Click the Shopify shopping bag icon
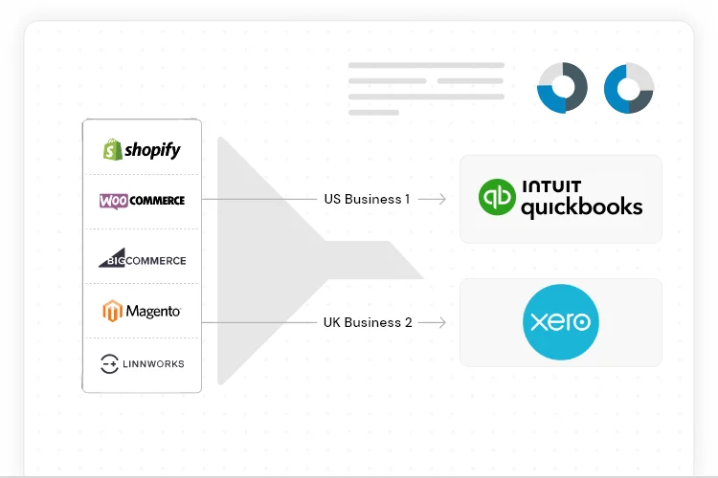click(x=113, y=149)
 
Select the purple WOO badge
click(x=114, y=201)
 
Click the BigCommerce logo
click(x=142, y=258)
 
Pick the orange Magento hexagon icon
click(x=113, y=312)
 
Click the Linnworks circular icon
click(x=109, y=363)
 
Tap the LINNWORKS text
click(x=155, y=364)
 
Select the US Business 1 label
click(x=368, y=200)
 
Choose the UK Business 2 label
click(x=368, y=322)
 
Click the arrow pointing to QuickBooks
click(x=433, y=200)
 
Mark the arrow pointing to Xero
click(x=433, y=322)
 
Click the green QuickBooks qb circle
click(x=497, y=198)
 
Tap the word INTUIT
click(x=551, y=185)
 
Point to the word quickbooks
click(x=581, y=206)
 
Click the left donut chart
click(x=562, y=88)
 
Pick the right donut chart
click(x=629, y=88)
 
